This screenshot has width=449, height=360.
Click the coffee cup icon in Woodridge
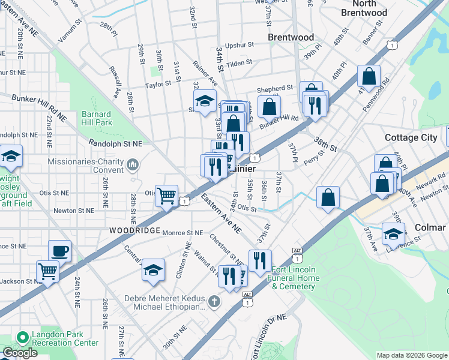(x=59, y=250)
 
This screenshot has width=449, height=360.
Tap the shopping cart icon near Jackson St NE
(x=47, y=270)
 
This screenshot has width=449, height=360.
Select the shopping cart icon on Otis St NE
(x=166, y=194)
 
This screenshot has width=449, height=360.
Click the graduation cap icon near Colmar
(x=393, y=233)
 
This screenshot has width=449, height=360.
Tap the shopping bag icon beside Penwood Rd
(x=369, y=76)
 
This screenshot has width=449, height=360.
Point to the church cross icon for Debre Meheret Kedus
(x=213, y=299)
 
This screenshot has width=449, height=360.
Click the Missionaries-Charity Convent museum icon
(x=133, y=163)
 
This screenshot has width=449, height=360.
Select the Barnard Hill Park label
(x=96, y=118)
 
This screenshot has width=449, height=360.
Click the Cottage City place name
(x=411, y=137)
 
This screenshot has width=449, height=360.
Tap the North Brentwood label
(x=364, y=8)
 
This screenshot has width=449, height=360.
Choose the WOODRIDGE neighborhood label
(x=134, y=230)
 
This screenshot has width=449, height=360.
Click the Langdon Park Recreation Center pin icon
(x=23, y=338)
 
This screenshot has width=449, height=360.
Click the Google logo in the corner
(x=20, y=353)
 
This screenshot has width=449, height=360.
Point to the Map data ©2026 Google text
(x=412, y=355)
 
